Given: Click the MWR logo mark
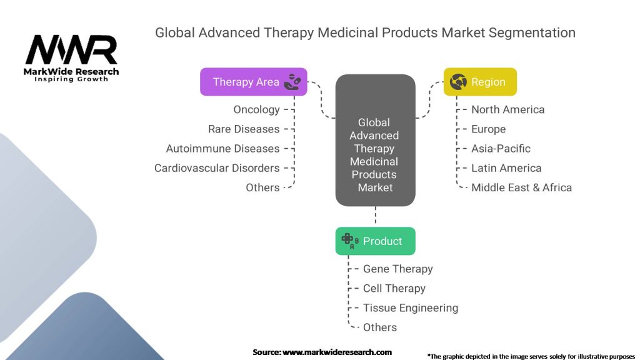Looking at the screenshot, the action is click(x=71, y=49).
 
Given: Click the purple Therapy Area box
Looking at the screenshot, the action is click(x=254, y=82).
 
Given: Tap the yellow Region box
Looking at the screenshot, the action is click(x=480, y=82).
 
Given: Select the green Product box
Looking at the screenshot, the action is click(x=376, y=241).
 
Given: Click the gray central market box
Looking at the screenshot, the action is click(x=376, y=140).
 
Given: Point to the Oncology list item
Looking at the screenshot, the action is click(x=256, y=109).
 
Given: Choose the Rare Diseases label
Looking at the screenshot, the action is click(x=244, y=129).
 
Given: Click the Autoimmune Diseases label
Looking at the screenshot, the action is click(x=222, y=149).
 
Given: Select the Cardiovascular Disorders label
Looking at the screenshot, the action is click(x=217, y=168).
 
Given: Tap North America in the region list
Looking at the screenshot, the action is click(x=507, y=109).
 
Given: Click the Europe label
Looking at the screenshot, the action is click(x=489, y=129).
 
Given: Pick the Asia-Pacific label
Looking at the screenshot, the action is click(x=501, y=149).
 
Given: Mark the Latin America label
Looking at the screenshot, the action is click(x=506, y=168).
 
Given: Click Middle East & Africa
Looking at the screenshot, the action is click(x=522, y=187).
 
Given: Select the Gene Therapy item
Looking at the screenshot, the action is click(x=398, y=269).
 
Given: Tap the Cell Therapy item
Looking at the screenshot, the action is click(x=394, y=289).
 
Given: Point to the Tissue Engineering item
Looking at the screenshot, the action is click(x=411, y=308).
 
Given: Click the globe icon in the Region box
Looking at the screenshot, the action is click(x=458, y=82).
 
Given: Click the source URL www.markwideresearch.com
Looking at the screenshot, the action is click(x=337, y=352).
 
